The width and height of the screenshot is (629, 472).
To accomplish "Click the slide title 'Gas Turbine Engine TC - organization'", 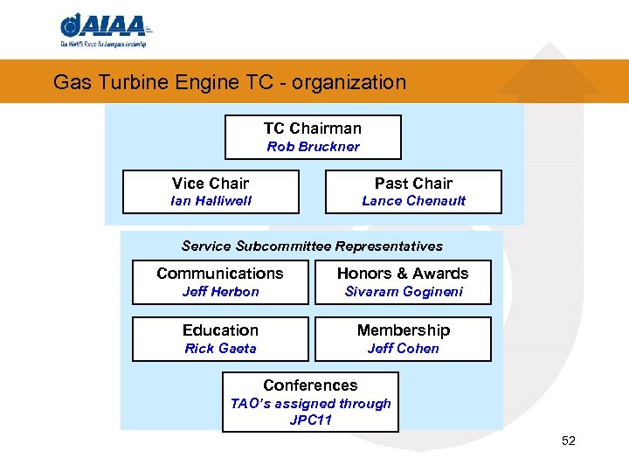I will (230, 82).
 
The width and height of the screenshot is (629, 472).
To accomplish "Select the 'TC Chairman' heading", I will (313, 128).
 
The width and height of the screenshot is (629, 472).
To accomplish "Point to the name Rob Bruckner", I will (313, 147).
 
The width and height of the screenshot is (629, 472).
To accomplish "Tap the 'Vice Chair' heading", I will (211, 183).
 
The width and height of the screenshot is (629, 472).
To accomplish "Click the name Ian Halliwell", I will (211, 201).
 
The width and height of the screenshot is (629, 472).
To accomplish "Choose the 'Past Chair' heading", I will (413, 183).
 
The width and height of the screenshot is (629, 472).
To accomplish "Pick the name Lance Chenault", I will (413, 201).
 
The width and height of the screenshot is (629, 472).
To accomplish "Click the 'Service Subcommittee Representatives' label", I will (312, 246).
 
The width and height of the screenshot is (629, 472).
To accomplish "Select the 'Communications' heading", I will (220, 274).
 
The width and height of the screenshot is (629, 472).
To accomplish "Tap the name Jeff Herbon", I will (220, 292).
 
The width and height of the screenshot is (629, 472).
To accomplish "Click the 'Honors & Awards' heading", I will (403, 274).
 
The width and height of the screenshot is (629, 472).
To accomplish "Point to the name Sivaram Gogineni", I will (403, 292).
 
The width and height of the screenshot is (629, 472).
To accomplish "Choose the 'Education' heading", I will (220, 330).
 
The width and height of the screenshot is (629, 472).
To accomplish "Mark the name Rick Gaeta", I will (220, 349).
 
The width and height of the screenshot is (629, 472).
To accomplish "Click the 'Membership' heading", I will (403, 330).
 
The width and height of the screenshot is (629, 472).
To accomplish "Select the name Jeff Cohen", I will (403, 349).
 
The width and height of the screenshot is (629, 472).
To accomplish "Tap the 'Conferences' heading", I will (310, 385).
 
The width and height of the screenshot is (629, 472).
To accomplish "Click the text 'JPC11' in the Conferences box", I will (310, 420).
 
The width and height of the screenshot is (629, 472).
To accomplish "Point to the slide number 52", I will (569, 441).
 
